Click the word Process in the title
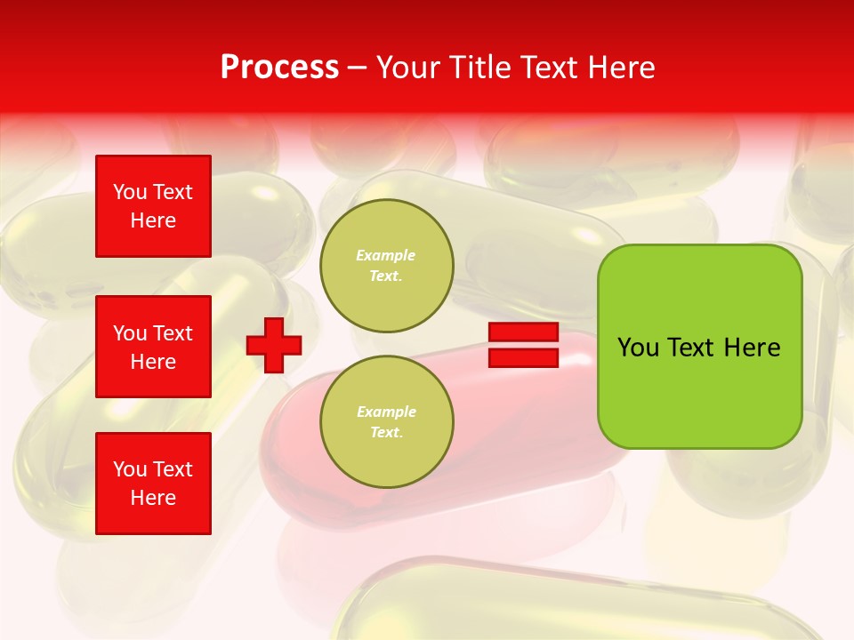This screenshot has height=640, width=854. click(x=279, y=68)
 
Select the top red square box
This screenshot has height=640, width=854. click(x=153, y=206)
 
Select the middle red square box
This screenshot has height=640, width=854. click(x=153, y=347)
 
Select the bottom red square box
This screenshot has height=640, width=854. click(x=153, y=484)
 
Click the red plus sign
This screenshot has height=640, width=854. click(x=274, y=345)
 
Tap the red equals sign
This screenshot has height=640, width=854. click(x=523, y=345)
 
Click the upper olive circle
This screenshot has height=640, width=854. click(x=387, y=266)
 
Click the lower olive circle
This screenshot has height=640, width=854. click(x=387, y=422)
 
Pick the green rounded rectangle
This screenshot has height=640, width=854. click(x=699, y=347)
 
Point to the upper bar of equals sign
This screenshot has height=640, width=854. click(x=523, y=332)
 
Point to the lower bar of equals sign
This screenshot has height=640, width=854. click(x=523, y=357)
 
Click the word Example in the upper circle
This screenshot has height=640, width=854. click(x=386, y=255)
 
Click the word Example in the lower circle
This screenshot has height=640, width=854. click(x=386, y=412)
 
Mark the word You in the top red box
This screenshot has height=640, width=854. click(x=130, y=192)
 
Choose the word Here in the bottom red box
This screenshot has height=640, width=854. click(x=153, y=498)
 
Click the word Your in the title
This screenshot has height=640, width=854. click(x=407, y=68)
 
